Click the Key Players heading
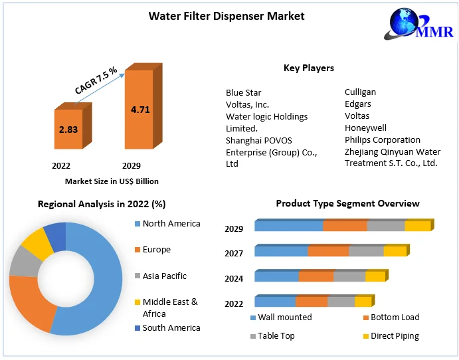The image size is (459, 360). click(x=308, y=68)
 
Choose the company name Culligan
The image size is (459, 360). click(x=360, y=92)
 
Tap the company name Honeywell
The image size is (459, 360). click(x=365, y=128)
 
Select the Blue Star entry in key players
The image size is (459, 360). click(x=244, y=92)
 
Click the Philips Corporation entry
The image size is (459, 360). click(x=382, y=139)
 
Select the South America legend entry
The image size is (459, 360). click(x=171, y=327)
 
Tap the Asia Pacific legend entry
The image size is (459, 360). click(x=164, y=276)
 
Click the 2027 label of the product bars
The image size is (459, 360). click(x=234, y=254)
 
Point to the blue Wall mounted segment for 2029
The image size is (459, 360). click(x=288, y=226)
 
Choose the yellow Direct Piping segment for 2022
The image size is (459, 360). click(x=363, y=302)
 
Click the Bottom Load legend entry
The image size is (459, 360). click(x=395, y=317)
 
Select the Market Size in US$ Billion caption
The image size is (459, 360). click(x=112, y=181)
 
